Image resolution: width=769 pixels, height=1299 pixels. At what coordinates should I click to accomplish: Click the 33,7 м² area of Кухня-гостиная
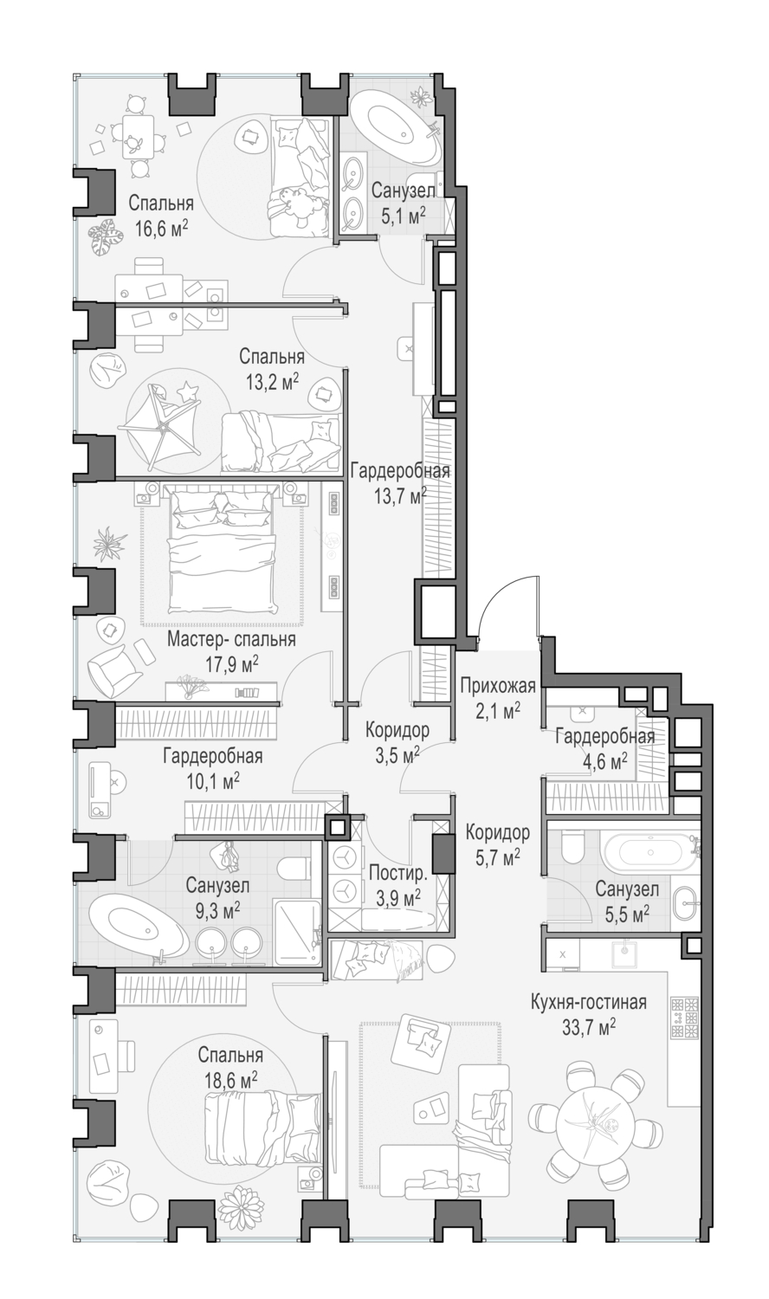[589, 1027]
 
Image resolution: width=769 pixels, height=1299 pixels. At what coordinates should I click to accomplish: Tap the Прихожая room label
[497, 686]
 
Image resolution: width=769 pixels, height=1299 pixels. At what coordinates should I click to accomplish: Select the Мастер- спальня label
[231, 640]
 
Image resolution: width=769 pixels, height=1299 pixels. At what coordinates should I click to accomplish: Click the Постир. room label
[397, 873]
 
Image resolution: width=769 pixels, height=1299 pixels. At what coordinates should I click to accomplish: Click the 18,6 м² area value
[231, 1081]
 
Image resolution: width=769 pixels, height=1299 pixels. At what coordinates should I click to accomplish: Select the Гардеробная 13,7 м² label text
[400, 481]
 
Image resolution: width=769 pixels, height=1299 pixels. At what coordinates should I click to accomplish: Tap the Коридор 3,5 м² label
[397, 742]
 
